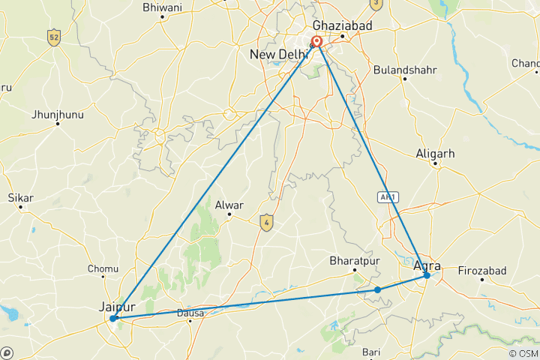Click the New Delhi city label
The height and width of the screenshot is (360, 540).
[x=278, y=55]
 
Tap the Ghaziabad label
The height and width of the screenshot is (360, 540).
[x=342, y=25]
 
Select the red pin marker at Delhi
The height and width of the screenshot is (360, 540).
[x=316, y=42]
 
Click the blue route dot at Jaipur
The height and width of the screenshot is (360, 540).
[x=113, y=319]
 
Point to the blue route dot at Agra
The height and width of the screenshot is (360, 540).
[x=427, y=275]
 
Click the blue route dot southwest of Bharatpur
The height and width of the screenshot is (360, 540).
[x=378, y=289]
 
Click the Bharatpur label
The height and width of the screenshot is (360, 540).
[x=352, y=261]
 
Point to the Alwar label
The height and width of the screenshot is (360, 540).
[x=230, y=203]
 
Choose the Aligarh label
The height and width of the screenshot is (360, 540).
[x=435, y=154]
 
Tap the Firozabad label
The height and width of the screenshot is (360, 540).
[x=482, y=270]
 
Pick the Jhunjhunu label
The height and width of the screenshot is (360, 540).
[x=57, y=115]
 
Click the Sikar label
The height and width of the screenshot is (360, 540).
[x=20, y=198]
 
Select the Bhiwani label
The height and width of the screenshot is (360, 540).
[x=162, y=7]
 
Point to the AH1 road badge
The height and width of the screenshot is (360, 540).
[x=386, y=196]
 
